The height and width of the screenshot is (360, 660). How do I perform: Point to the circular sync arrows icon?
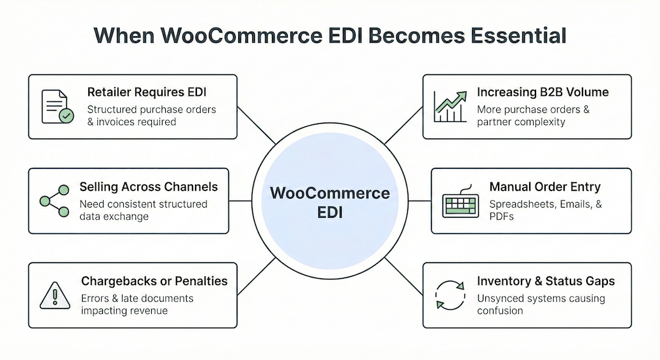(450, 295)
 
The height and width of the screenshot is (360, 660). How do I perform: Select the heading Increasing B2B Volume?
(542, 93)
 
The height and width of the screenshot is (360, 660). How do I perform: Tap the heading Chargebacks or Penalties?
(154, 281)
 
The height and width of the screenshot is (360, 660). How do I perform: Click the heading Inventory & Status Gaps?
(546, 281)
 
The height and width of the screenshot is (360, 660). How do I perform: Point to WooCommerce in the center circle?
(330, 193)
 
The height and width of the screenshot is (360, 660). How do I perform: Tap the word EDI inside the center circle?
(330, 212)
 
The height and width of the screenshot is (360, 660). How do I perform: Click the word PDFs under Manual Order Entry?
(502, 217)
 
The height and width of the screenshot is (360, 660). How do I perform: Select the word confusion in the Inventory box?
(500, 310)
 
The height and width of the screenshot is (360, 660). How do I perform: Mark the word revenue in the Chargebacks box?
(147, 310)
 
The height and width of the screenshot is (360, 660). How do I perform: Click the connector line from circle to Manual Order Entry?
(420, 201)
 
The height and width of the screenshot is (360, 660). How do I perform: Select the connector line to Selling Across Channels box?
(240, 201)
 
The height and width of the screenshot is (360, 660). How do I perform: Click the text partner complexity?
(521, 122)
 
